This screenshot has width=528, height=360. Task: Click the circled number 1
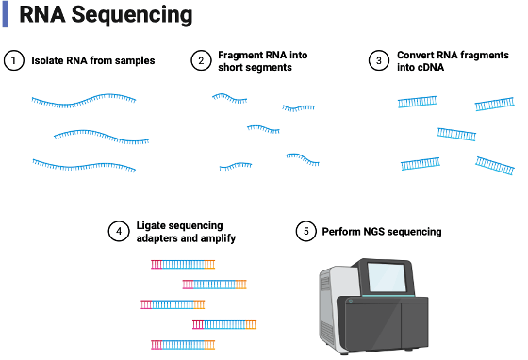pyautogui.click(x=14, y=60)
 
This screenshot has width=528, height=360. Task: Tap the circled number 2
pyautogui.click(x=201, y=60)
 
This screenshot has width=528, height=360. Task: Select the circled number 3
pyautogui.click(x=379, y=60)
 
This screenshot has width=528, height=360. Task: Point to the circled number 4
pyautogui.click(x=119, y=232)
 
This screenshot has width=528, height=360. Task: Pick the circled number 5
pyautogui.click(x=306, y=232)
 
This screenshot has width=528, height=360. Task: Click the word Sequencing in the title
pyautogui.click(x=132, y=15)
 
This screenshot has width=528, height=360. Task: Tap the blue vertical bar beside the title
pyautogui.click(x=6, y=15)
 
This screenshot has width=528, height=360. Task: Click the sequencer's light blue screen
pyautogui.click(x=388, y=277)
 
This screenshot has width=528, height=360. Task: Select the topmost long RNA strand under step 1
pyautogui.click(x=84, y=101)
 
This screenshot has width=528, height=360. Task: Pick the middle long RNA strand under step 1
pyautogui.click(x=101, y=137)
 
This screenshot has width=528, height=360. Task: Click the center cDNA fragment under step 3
pyautogui.click(x=456, y=134)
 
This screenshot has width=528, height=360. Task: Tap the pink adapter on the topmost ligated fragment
pyautogui.click(x=157, y=265)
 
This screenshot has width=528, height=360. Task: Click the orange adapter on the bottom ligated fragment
pyautogui.click(x=209, y=345)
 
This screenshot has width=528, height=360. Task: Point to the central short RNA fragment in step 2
pyautogui.click(x=263, y=129)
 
